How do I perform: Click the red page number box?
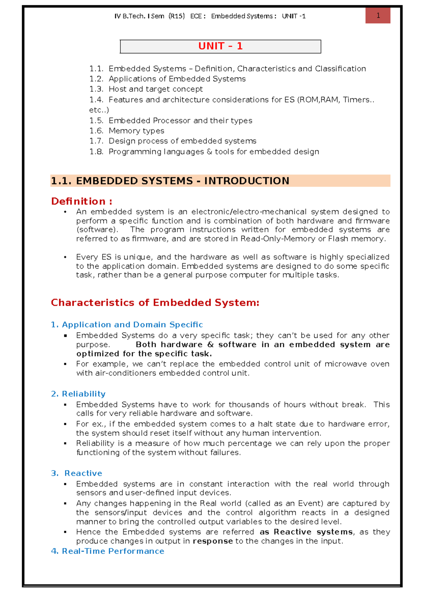click(378, 15)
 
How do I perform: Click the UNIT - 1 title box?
click(220, 46)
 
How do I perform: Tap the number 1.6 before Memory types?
click(96, 131)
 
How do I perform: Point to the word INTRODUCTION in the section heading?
click(247, 181)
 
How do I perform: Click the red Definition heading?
click(81, 201)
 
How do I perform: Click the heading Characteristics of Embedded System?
click(155, 303)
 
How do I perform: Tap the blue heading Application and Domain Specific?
click(132, 325)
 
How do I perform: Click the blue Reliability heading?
click(83, 394)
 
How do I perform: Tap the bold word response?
click(213, 541)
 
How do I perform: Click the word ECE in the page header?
click(196, 16)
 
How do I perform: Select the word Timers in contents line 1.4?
click(356, 100)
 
